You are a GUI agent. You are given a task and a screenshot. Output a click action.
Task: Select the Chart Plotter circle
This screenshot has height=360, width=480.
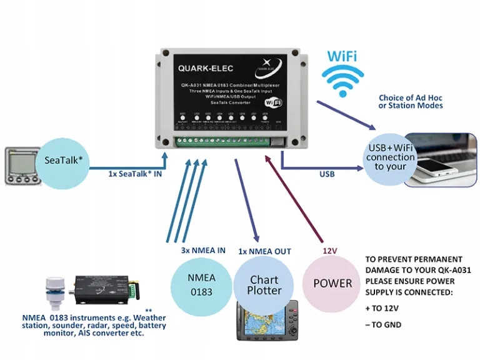(264, 285)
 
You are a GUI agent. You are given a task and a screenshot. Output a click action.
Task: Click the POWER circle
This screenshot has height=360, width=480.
(332, 283)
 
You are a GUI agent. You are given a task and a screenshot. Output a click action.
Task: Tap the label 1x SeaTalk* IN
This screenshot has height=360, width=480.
(135, 174)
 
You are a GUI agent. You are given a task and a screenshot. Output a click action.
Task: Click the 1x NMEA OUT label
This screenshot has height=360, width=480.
(264, 251)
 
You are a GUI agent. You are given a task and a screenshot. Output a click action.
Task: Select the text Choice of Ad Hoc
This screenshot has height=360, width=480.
(410, 97)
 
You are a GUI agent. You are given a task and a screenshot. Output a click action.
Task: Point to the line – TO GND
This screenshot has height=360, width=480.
(383, 325)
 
